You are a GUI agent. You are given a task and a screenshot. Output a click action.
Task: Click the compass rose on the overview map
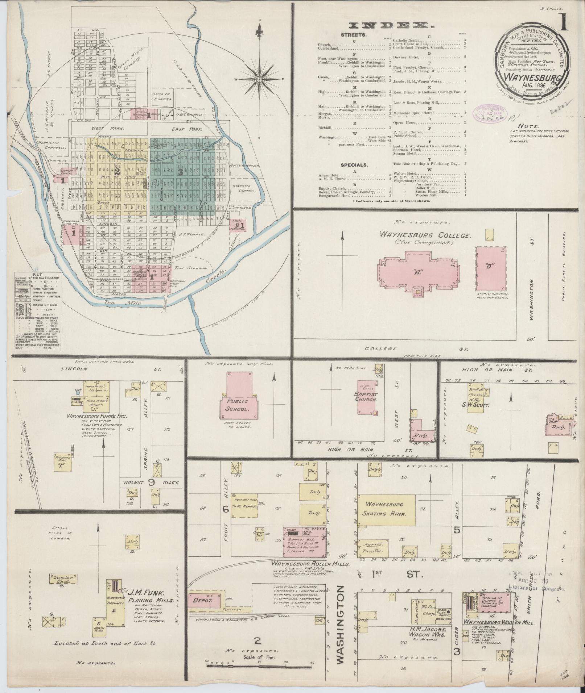click(x=260, y=79)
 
